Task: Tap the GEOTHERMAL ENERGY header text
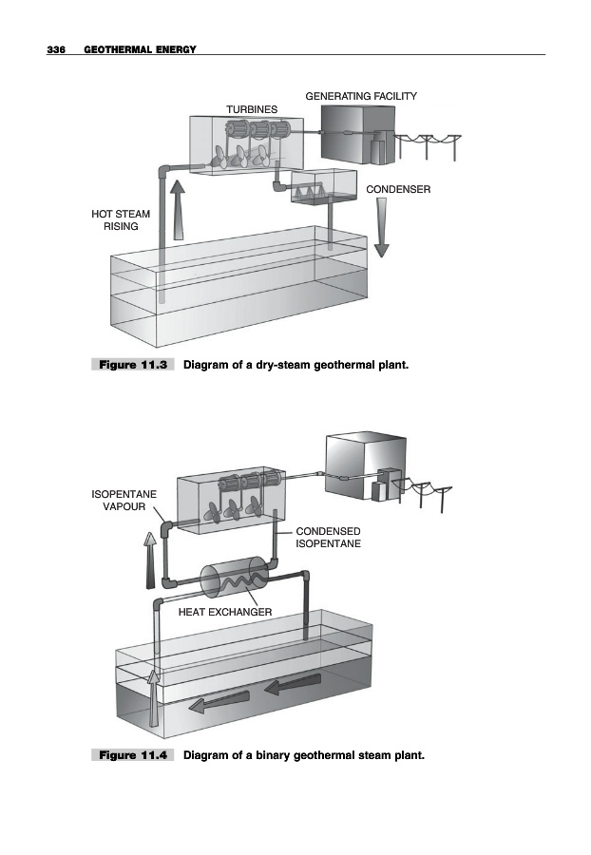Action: (x=140, y=48)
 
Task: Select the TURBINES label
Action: (x=251, y=109)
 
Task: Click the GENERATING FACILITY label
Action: (x=360, y=96)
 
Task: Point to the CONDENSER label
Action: (x=398, y=190)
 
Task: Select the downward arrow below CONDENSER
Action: (x=381, y=230)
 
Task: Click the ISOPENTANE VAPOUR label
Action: (x=124, y=500)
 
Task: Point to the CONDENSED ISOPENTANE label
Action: (x=329, y=538)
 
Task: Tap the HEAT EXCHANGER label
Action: (x=225, y=612)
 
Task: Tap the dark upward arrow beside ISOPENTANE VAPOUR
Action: (x=150, y=558)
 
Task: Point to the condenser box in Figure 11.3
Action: (x=324, y=186)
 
